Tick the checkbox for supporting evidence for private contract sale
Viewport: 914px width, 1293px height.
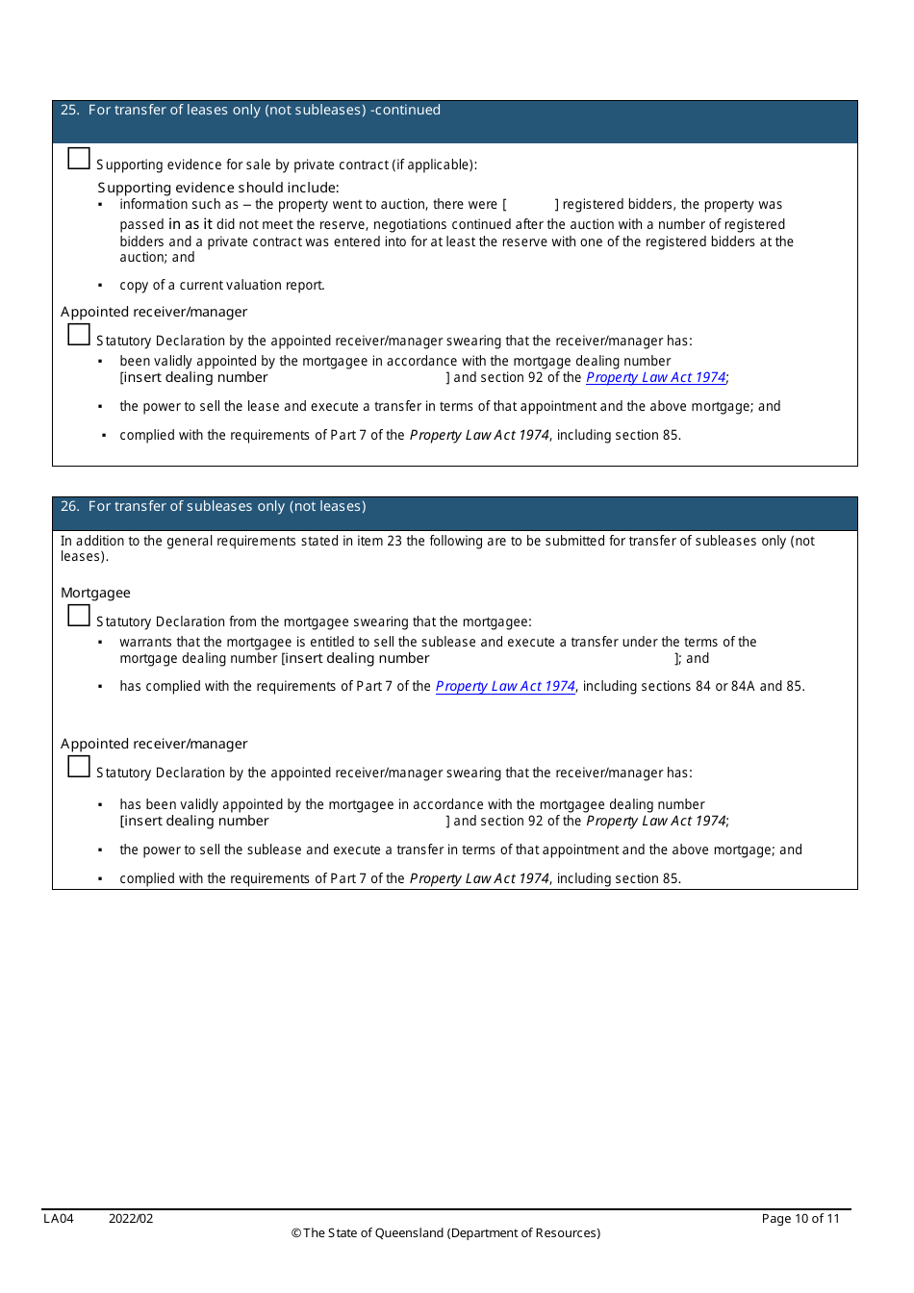[x=79, y=159]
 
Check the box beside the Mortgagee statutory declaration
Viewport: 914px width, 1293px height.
[x=79, y=616]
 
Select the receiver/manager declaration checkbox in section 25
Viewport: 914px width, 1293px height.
[x=79, y=335]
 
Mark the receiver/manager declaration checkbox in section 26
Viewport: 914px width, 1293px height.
[x=79, y=767]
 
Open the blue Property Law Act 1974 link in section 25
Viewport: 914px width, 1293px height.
[x=655, y=378]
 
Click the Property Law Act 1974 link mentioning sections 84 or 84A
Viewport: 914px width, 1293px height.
[x=505, y=687]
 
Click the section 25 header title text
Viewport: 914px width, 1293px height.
[x=250, y=111]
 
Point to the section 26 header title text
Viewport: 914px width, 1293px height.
[x=213, y=507]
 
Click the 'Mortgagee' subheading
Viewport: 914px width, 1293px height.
[x=95, y=594]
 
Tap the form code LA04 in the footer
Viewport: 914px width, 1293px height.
[x=59, y=1219]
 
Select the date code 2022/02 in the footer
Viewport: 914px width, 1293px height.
[x=131, y=1219]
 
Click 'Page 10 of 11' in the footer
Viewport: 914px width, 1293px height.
[x=800, y=1219]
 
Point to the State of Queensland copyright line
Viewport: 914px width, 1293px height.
[x=445, y=1233]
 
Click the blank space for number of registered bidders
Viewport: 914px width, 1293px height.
[x=530, y=205]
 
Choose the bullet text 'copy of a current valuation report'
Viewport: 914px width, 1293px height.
[x=221, y=286]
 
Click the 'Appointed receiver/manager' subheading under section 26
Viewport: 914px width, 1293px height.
[x=154, y=745]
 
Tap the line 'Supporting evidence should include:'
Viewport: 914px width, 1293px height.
[x=217, y=189]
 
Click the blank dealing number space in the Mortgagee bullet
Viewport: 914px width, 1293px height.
[x=551, y=659]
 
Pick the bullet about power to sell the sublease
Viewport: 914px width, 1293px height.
[x=460, y=850]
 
